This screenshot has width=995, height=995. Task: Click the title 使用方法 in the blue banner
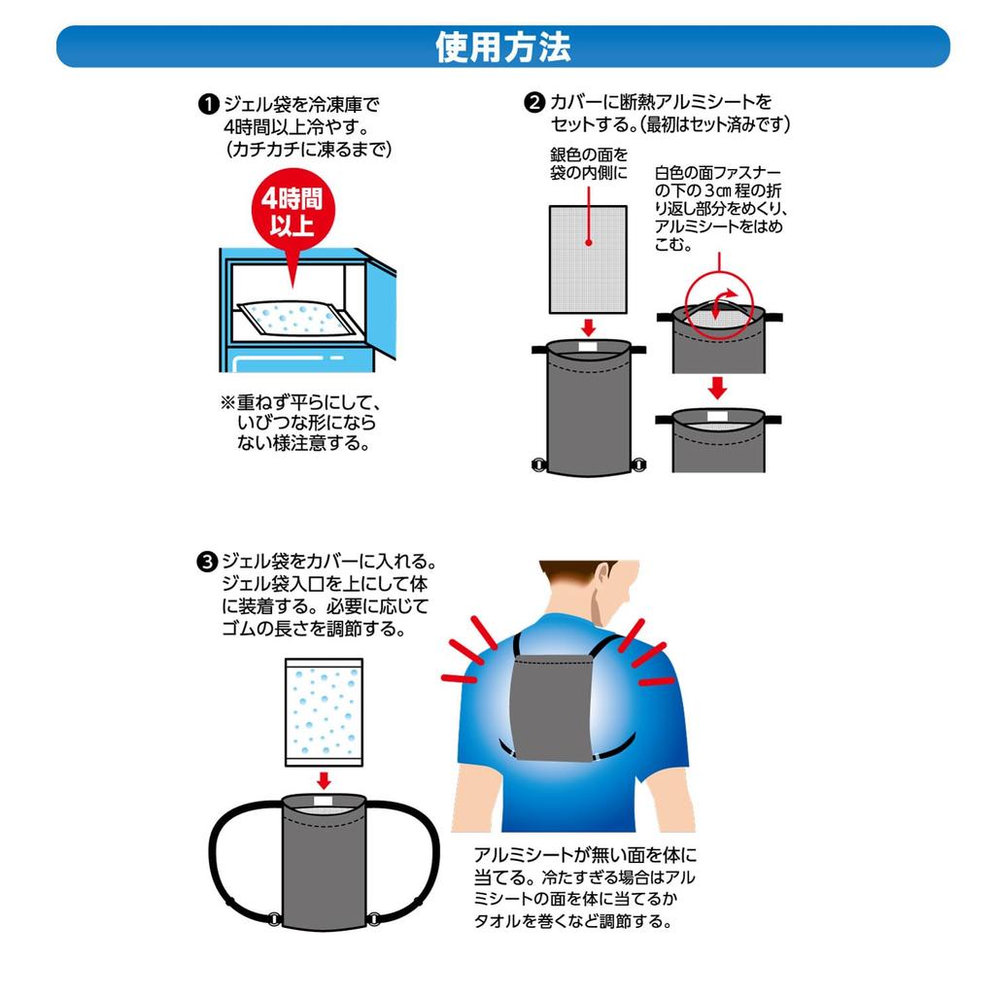coord(502,48)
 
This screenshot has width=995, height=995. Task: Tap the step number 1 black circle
coord(208,104)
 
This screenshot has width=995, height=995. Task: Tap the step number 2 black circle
coord(534,102)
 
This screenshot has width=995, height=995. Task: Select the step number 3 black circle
coord(207,563)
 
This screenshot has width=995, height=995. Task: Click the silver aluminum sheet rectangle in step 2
coord(588,258)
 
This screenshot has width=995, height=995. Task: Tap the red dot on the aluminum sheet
coord(588,242)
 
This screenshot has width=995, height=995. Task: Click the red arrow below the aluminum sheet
coord(588,327)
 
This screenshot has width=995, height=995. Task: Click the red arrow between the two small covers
coord(717,388)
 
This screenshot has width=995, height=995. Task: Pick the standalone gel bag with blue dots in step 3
coord(324,712)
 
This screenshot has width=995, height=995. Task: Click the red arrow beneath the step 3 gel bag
coord(324,780)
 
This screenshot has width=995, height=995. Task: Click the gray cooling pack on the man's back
coord(551,705)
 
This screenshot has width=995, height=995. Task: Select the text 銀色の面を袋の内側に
coord(588,163)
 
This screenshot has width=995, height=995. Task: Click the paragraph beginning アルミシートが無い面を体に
coord(584,887)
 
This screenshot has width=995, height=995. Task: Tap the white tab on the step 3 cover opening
coord(323,801)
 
